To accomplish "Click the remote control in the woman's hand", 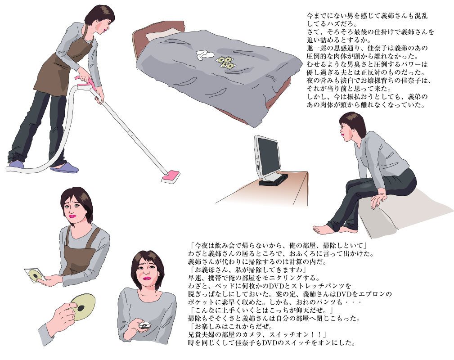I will click(x=144, y=325).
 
